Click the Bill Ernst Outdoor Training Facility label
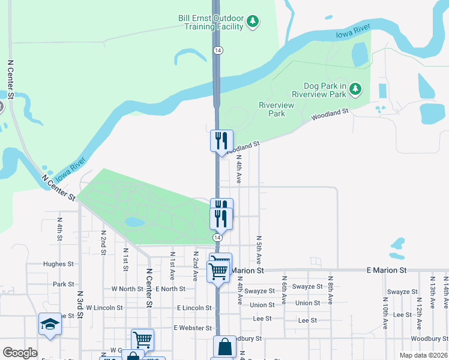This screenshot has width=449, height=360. pos(211,22)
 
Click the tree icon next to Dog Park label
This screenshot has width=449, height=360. pos(356,89)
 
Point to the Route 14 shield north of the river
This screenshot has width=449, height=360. pos(217,51)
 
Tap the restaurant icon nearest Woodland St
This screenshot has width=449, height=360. pos(221,141)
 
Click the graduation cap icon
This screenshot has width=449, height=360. pos(50,325)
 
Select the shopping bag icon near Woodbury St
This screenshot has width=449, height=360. pos(224,347)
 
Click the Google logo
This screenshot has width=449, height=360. pos(20,353)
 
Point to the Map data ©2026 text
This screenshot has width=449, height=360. pos(423,355)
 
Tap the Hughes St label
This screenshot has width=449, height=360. pos(59,263)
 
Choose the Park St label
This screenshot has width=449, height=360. pos(63,284)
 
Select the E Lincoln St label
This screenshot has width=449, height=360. pos(194,308)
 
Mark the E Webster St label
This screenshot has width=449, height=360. pos(192,328)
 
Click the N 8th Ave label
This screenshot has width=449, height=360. pos(330,291)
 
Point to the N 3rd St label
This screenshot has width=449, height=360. pos(79,305)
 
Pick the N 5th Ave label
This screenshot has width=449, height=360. pos(259,250)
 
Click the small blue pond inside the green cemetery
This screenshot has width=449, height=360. pos(134,222)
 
